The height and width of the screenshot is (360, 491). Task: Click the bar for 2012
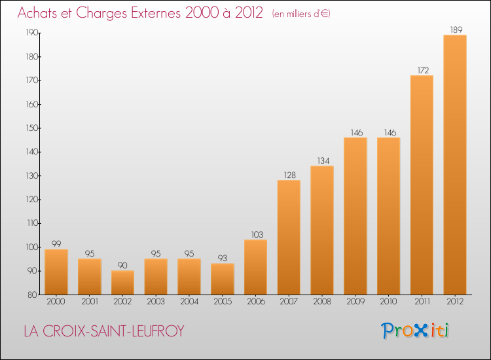click(x=455, y=165)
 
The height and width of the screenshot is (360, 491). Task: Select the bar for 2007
click(x=289, y=238)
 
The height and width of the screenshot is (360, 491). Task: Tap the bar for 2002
click(x=123, y=282)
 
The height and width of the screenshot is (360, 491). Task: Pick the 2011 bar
click(x=422, y=185)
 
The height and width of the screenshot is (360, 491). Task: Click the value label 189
click(x=456, y=29)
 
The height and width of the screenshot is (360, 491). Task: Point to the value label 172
click(x=423, y=70)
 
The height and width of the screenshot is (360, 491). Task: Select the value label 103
click(x=257, y=234)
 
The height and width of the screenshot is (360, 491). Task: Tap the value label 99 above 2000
click(x=56, y=244)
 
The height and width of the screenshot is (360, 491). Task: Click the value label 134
click(x=323, y=160)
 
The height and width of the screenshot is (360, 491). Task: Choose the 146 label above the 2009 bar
click(x=357, y=132)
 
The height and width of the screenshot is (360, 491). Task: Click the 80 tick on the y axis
click(x=33, y=295)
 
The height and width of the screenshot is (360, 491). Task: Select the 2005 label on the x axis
click(x=223, y=302)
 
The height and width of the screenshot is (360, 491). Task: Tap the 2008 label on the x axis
click(x=322, y=302)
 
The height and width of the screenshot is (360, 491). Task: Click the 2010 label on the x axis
click(x=389, y=302)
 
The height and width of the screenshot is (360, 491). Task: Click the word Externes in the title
click(x=156, y=12)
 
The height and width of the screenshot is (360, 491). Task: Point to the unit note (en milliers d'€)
click(x=301, y=14)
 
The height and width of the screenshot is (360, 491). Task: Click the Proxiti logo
click(x=415, y=331)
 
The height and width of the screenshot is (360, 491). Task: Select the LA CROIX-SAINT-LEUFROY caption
click(x=104, y=331)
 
